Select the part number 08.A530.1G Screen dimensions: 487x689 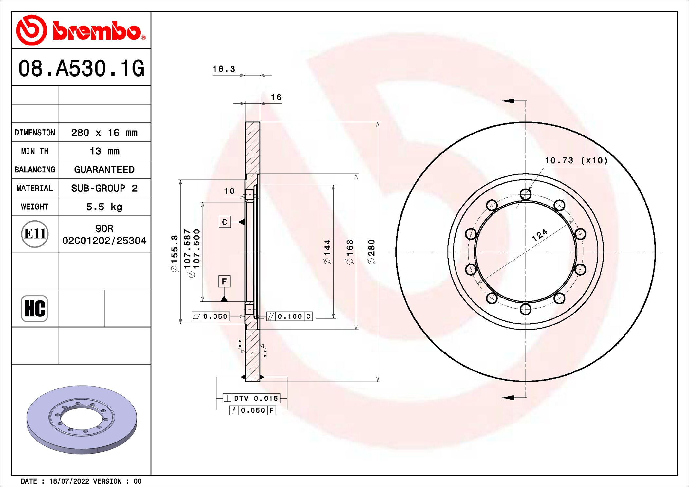click(81, 68)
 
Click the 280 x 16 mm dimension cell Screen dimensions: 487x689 click(104, 133)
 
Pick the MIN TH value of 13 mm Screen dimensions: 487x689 click(104, 151)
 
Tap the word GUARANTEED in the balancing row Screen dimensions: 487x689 click(104, 170)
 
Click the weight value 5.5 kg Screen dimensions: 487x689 click(104, 207)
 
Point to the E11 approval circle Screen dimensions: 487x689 click(35, 234)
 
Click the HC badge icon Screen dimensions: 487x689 click(34, 308)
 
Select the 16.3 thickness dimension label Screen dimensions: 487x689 click(224, 69)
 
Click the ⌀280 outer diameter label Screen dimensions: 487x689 click(371, 252)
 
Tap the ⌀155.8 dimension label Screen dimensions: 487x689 click(175, 253)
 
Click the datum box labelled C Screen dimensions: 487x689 click(224, 222)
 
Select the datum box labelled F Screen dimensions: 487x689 click(224, 281)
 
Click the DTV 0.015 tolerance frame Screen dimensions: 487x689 click(251, 398)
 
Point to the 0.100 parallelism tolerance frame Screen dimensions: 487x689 click(289, 316)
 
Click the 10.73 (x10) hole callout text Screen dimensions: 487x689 click(576, 160)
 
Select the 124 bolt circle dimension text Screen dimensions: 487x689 click(539, 235)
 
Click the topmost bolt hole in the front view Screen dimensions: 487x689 click(525, 194)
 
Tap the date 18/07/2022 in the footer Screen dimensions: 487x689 click(69, 481)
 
